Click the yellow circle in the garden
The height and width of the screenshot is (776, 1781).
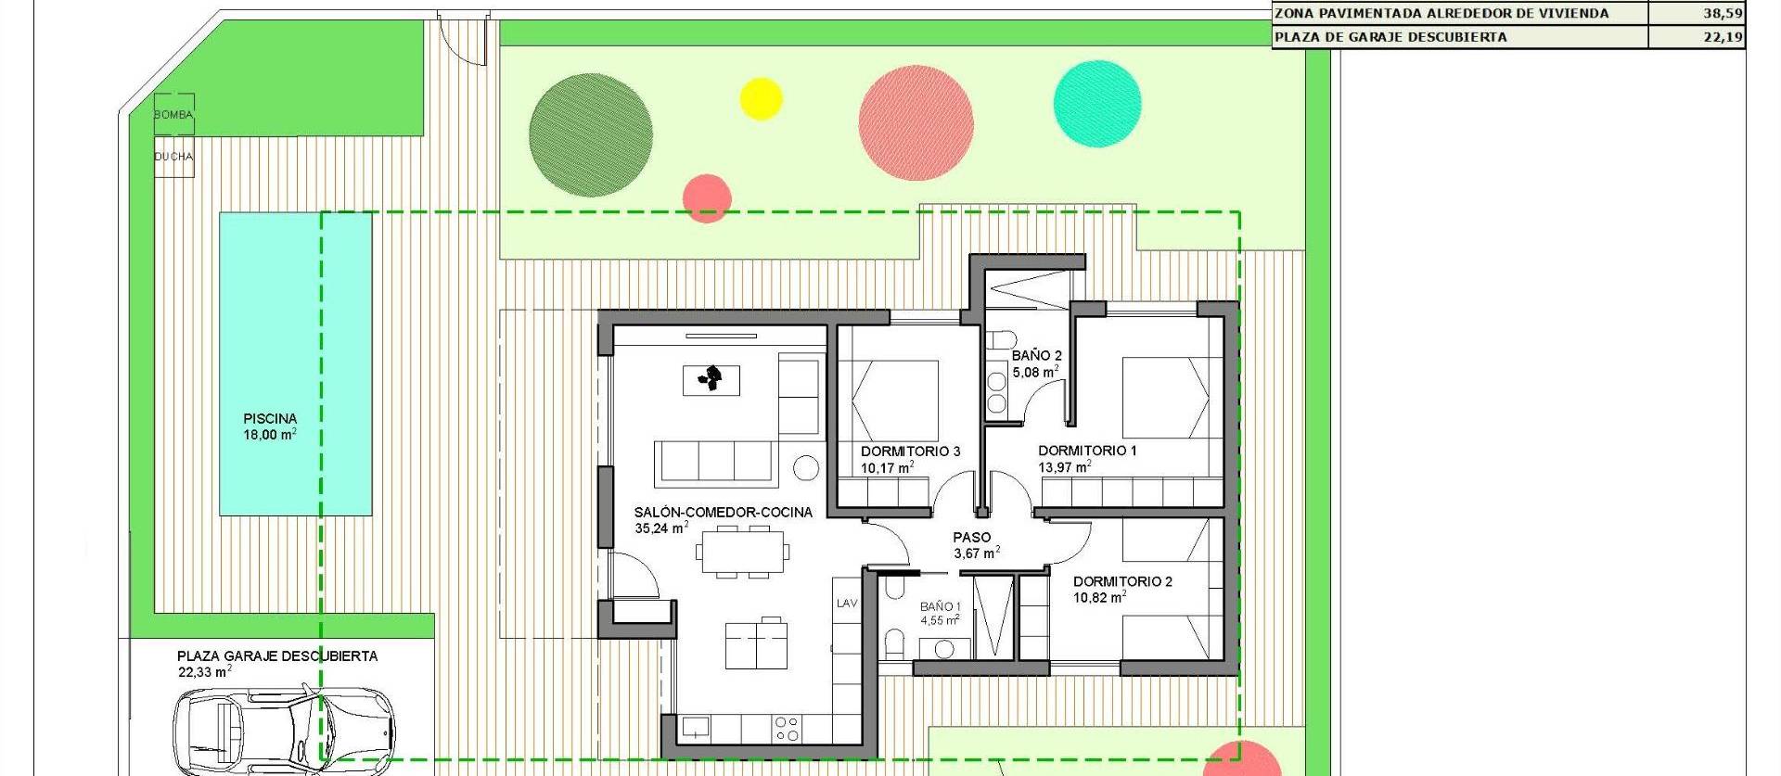tap(761, 99)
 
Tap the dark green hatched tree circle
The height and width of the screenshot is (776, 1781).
tap(590, 134)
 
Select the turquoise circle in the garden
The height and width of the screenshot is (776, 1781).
tap(1097, 104)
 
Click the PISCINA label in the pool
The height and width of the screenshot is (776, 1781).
tap(270, 419)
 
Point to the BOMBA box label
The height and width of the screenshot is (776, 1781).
tap(173, 115)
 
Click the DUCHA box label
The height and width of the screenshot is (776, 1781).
tap(173, 157)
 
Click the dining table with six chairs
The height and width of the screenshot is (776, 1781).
tap(743, 552)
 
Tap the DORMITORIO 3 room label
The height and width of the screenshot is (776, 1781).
tap(910, 452)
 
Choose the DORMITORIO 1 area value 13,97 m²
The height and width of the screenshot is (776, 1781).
tap(1064, 467)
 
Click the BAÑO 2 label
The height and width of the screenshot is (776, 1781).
tap(1036, 355)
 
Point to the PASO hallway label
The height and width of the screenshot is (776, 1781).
tap(971, 537)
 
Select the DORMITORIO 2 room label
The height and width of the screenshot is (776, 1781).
tap(1122, 581)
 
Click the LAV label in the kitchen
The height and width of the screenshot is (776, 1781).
tap(847, 604)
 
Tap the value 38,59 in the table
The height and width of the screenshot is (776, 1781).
tap(1723, 14)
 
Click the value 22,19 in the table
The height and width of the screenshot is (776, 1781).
tap(1723, 37)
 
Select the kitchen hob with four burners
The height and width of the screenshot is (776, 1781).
tap(787, 729)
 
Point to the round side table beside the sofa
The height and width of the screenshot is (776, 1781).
tap(806, 468)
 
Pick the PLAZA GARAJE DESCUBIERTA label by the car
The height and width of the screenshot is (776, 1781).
tap(277, 655)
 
